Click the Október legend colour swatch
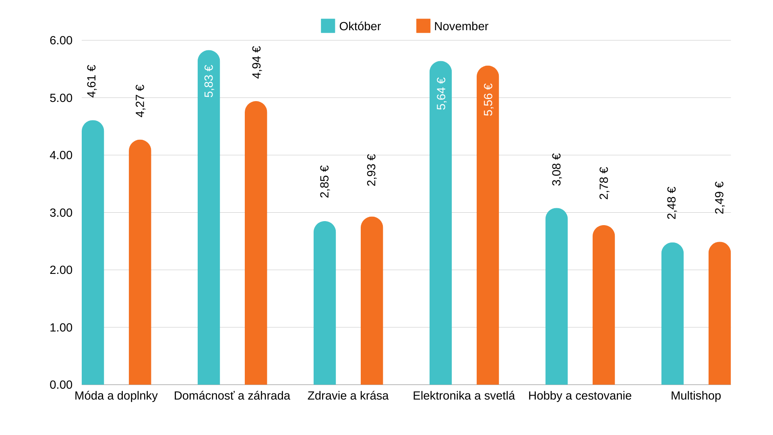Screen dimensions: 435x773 click(328, 26)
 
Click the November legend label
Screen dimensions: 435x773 click(461, 26)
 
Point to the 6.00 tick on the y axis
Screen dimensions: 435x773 click(61, 40)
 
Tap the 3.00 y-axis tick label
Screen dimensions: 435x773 click(61, 213)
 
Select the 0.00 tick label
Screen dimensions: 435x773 click(61, 385)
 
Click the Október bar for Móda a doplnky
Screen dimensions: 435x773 click(93, 254)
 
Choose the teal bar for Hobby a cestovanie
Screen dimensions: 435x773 click(556, 298)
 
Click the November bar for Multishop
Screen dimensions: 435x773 click(719, 314)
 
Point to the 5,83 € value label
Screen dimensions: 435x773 click(209, 81)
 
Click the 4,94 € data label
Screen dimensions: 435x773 click(256, 62)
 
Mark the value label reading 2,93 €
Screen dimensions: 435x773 click(371, 170)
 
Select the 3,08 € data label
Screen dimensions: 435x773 click(556, 170)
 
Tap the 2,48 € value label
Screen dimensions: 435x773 click(672, 203)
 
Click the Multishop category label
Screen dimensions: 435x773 click(696, 396)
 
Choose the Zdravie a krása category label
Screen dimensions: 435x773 click(348, 396)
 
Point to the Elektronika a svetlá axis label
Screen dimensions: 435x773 click(464, 396)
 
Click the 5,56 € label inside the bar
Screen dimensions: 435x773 click(488, 99)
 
